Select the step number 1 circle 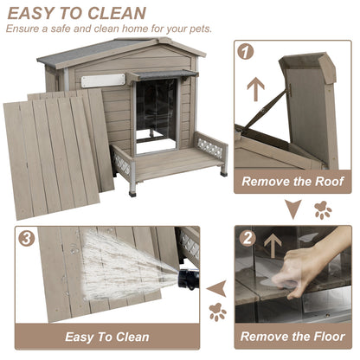(246, 52)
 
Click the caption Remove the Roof (294, 182)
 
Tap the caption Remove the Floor (294, 337)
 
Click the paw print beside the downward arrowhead (323, 209)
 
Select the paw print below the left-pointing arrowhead (216, 312)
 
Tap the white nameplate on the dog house (97, 80)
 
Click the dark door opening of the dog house (156, 108)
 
